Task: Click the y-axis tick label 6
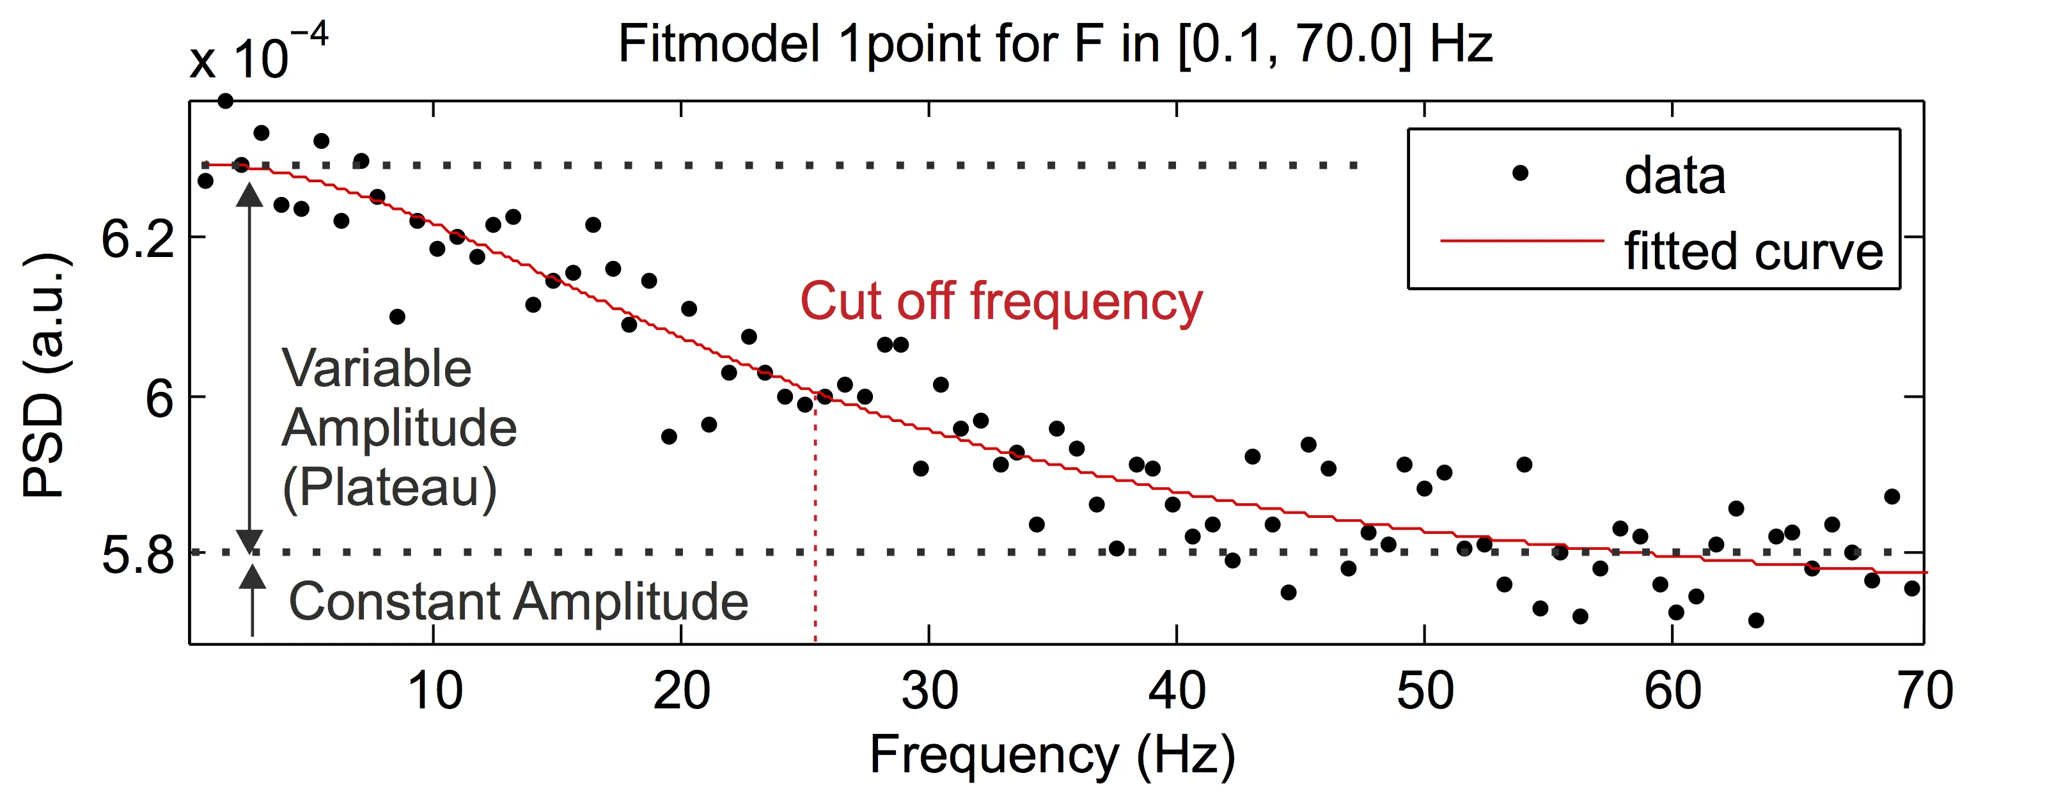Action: pos(159,398)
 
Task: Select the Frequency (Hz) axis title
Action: pos(1052,754)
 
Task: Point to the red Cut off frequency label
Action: pos(1001,302)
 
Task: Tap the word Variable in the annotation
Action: pos(377,369)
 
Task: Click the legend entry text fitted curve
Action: pos(1753,251)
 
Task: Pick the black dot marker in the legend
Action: pos(1520,173)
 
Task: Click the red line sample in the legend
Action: pos(1521,239)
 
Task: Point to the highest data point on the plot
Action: pos(226,101)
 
